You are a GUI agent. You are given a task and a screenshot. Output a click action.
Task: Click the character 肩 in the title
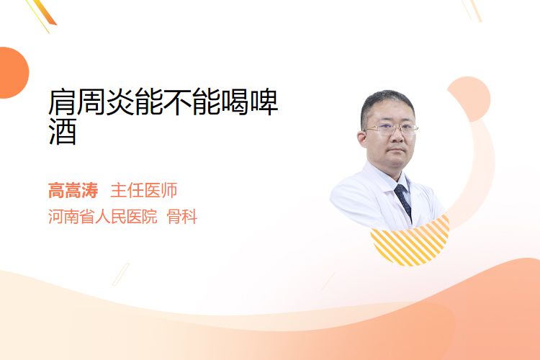(x=63, y=102)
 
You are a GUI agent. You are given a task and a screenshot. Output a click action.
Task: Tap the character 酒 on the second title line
(x=63, y=131)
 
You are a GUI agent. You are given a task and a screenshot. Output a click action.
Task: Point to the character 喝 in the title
(x=235, y=102)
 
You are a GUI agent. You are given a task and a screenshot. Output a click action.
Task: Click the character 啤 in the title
(x=264, y=102)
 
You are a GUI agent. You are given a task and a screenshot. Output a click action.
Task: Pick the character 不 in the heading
(x=177, y=102)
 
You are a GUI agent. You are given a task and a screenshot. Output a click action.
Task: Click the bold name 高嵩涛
(x=73, y=190)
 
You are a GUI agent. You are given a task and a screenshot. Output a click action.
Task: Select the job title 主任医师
(x=143, y=190)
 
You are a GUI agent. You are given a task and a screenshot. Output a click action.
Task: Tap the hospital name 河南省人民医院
(x=103, y=217)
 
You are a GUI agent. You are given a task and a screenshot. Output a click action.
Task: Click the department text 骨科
(x=182, y=217)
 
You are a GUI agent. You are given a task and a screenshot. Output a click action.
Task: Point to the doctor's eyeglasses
(x=391, y=130)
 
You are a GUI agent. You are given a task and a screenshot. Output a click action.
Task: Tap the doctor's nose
(x=396, y=137)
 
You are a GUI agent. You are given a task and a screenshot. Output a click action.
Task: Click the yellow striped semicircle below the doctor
(x=410, y=241)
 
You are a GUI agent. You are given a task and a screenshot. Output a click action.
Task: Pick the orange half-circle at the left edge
(x=13, y=73)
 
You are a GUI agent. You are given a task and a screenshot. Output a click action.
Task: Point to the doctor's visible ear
(x=362, y=138)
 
